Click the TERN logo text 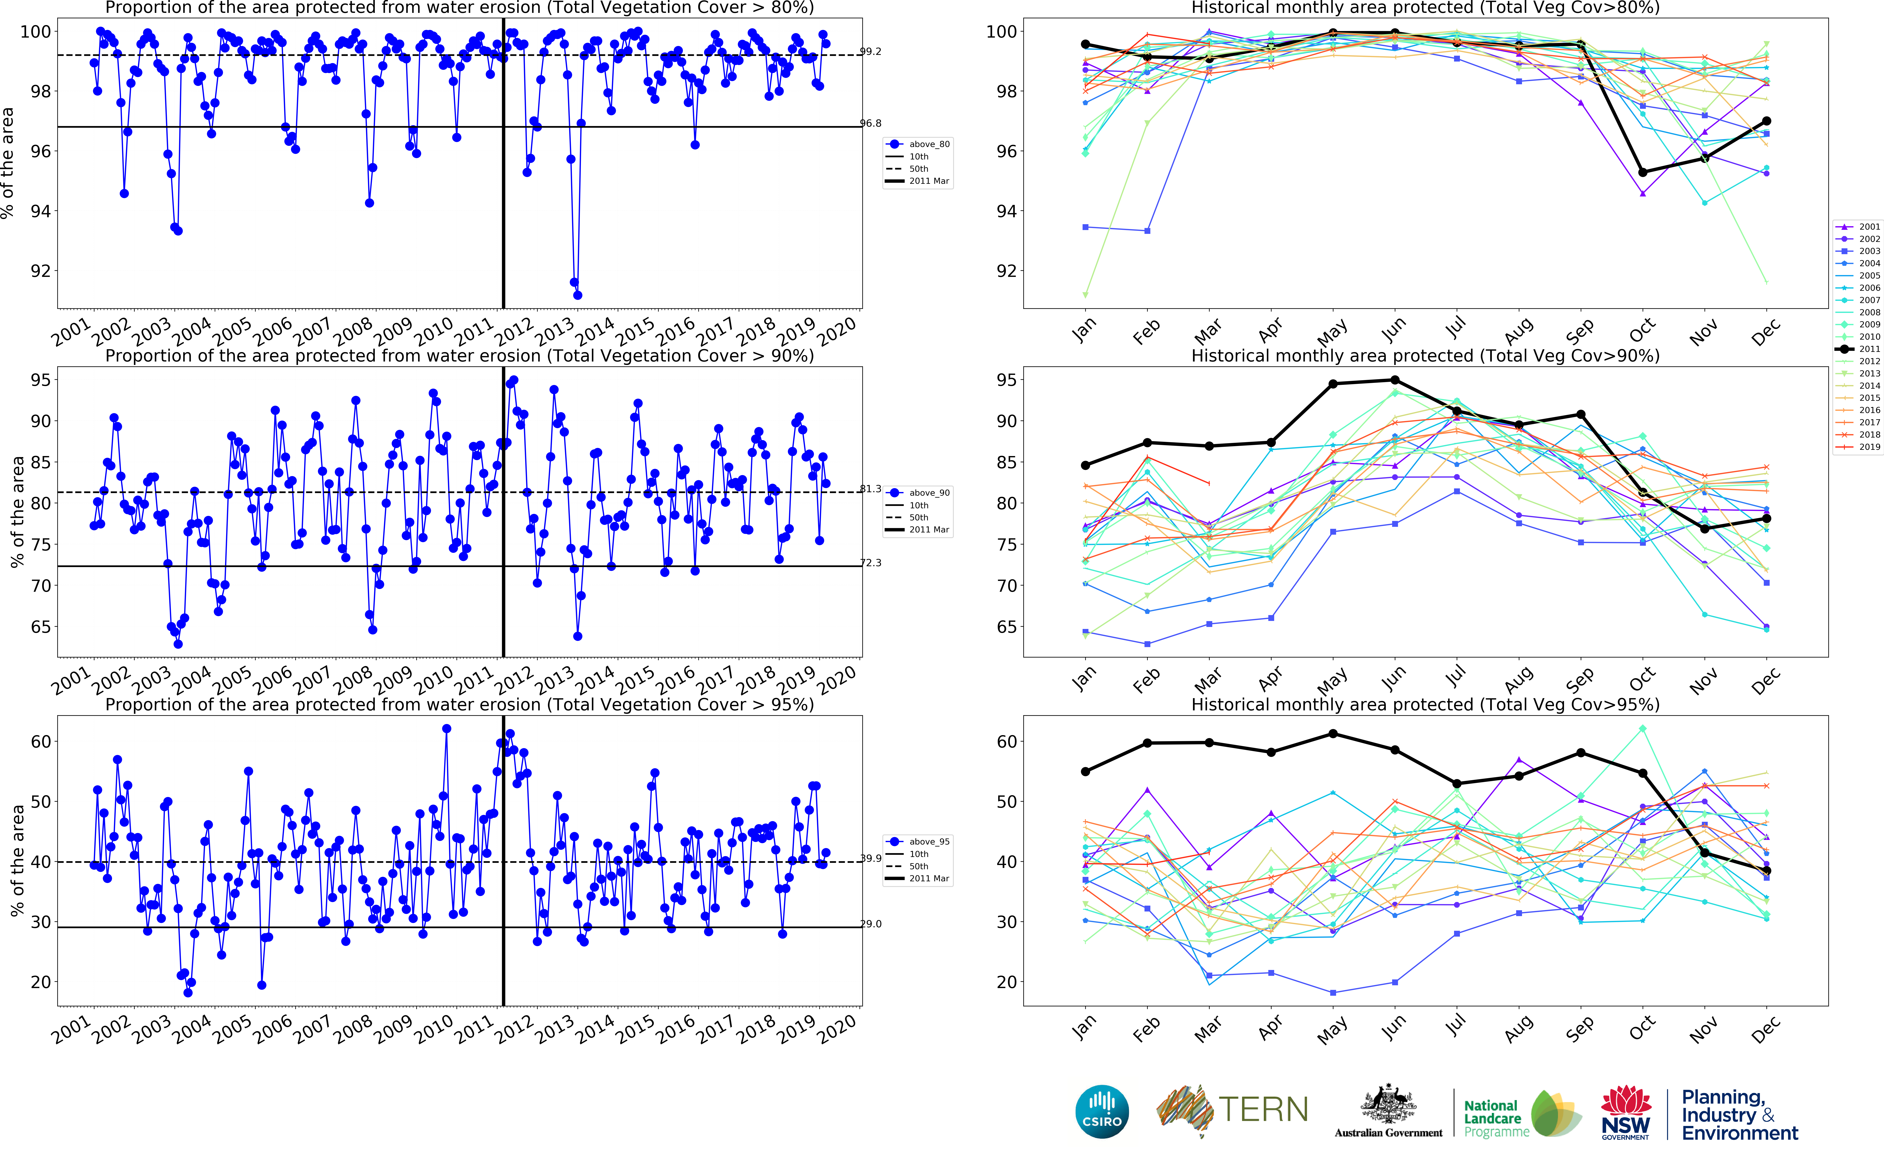[x=1262, y=1110]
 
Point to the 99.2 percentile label [x=870, y=51]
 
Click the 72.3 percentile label [x=870, y=563]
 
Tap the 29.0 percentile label [x=870, y=924]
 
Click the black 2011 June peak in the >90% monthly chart [x=1395, y=380]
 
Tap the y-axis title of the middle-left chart [x=17, y=512]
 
